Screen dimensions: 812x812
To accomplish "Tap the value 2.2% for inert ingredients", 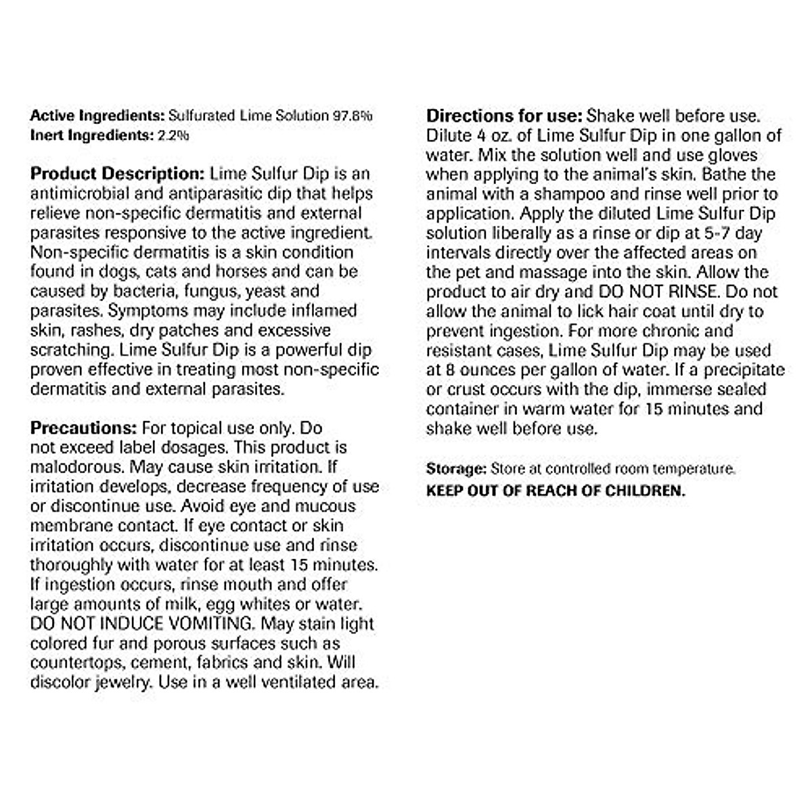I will [x=173, y=135].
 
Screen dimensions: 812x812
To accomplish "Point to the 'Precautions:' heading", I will [x=84, y=428].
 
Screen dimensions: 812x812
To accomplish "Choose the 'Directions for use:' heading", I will [x=504, y=116].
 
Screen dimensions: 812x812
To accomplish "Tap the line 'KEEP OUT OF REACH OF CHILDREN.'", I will [x=556, y=491].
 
